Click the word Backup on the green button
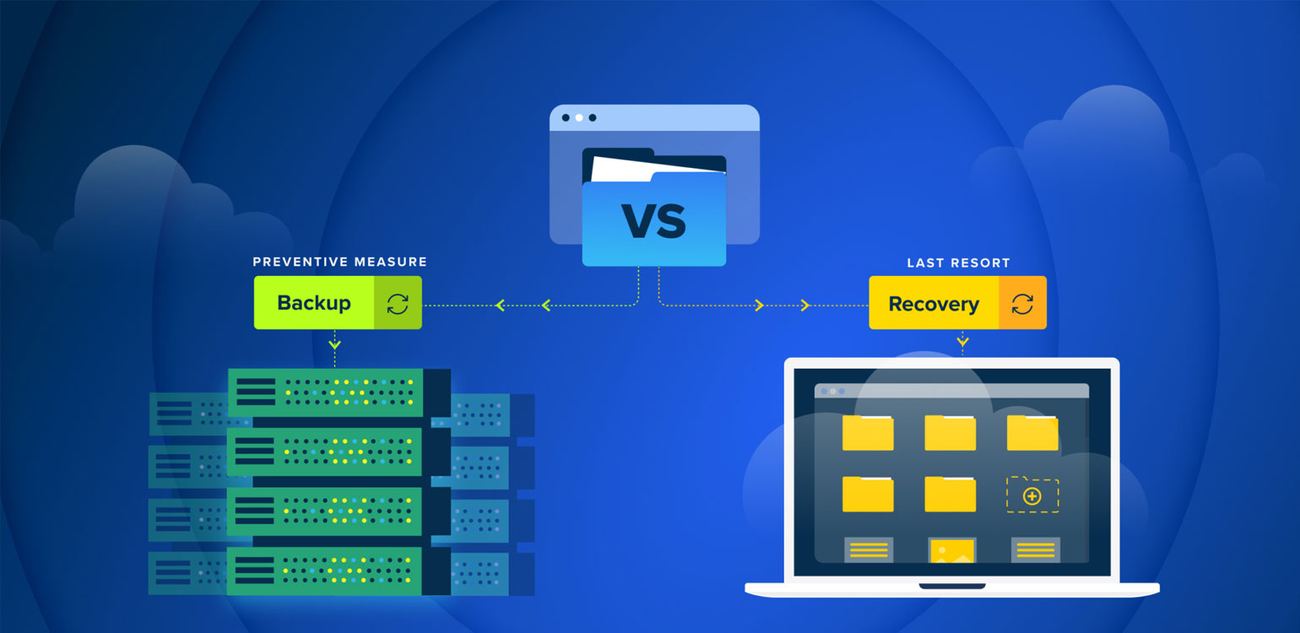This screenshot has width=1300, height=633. coord(313,303)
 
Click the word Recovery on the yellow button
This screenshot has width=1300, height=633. coord(933,304)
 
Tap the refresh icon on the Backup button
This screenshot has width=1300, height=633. coord(398,303)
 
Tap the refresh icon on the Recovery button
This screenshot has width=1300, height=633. coord(1022,303)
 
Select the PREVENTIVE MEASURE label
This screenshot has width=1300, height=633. coord(339,262)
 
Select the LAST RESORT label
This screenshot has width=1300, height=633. coord(958,263)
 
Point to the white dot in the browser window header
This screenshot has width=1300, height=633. coord(579,117)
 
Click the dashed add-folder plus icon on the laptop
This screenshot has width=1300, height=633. coord(1032,495)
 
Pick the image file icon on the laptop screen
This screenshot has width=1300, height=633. coord(951,550)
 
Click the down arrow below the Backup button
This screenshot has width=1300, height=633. coord(335,344)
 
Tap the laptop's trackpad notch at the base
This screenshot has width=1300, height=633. coord(951,586)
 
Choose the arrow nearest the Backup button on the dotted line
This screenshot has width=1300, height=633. coord(500,305)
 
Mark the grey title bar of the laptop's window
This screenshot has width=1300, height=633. coord(951,391)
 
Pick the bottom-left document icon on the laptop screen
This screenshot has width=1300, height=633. coord(869,550)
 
